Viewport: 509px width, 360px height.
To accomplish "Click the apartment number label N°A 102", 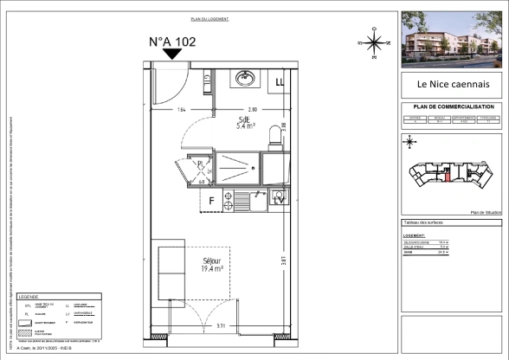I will click(172, 41).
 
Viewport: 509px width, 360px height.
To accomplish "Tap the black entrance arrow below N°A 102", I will click(172, 54).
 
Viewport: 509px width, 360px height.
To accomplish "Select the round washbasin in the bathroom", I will click(243, 80).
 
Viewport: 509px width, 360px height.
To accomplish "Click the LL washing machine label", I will click(280, 82).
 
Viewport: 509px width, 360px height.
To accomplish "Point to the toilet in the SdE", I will click(276, 134).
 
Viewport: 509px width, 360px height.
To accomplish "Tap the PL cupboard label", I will click(200, 162).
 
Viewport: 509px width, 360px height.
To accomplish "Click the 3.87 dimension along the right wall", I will click(283, 260).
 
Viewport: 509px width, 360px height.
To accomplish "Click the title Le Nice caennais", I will click(449, 85).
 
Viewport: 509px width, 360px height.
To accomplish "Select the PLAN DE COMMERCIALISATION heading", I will click(449, 106).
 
